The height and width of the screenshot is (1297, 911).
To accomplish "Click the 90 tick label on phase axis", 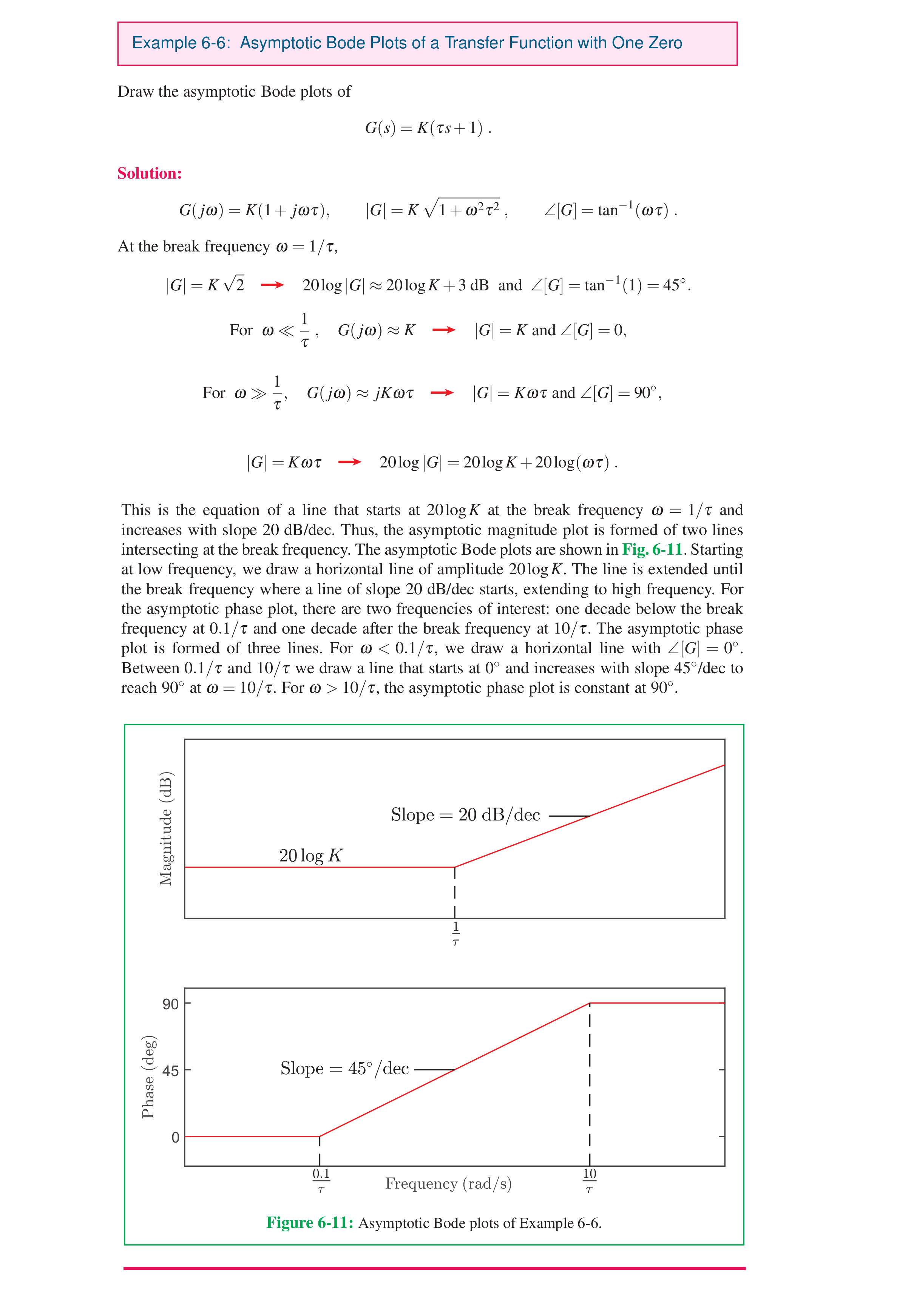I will click(170, 1004).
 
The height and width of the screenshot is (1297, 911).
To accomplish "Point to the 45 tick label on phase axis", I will click(170, 1070).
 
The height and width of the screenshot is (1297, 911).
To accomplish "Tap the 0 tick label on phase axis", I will click(175, 1137).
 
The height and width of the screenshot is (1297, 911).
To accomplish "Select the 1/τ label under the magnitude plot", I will click(455, 935).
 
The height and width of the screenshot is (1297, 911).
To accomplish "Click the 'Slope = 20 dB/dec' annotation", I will click(465, 814).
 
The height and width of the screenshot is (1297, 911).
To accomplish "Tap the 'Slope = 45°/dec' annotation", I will click(344, 1068).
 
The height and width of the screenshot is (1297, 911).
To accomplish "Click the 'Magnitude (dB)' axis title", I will click(165, 828).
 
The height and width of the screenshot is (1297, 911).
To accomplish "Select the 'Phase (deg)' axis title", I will click(148, 1077).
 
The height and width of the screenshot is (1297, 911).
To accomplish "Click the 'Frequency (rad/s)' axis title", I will click(448, 1183).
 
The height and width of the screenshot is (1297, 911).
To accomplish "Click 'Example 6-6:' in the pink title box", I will click(181, 43).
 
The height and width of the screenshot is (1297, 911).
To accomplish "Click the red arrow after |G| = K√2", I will click(272, 285).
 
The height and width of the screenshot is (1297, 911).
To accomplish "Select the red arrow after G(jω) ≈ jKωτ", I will click(442, 393).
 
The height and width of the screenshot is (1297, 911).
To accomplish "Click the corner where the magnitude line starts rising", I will click(455, 867).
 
